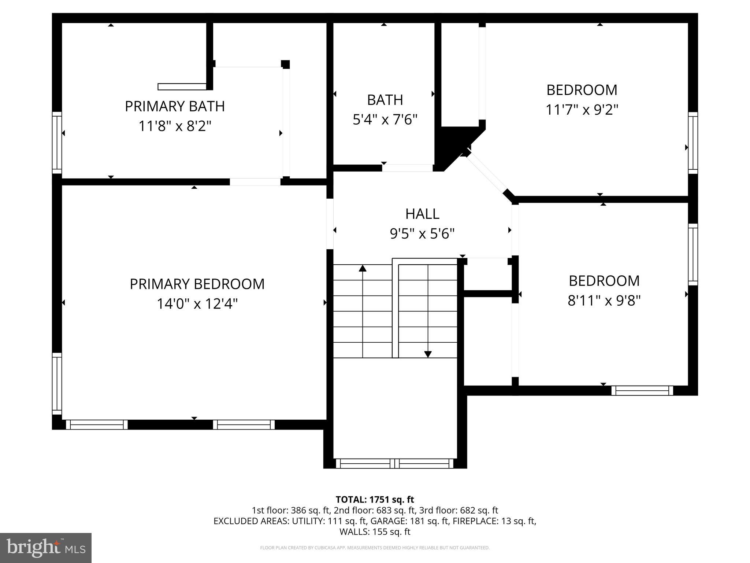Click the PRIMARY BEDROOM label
197,284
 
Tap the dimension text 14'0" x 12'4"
197,304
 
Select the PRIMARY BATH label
175,106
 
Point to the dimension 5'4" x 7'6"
385,119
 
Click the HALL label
422,214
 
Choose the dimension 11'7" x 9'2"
582,110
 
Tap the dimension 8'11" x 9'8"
604,301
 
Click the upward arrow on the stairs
363,269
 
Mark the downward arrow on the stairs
428,354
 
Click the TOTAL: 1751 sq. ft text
375,500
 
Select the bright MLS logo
46,548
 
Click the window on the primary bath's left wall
57,143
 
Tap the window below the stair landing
395,464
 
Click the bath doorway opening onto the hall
407,168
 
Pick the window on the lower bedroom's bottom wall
642,391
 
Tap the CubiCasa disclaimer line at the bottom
375,548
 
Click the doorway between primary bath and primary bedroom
255,182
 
